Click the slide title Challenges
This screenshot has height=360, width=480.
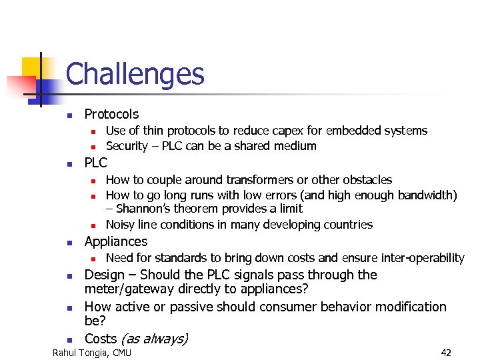135,74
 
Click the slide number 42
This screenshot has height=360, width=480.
446,352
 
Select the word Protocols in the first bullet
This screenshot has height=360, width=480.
111,114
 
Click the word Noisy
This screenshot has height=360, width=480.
121,224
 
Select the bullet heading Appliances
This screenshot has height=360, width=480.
116,241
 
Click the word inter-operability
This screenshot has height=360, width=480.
423,257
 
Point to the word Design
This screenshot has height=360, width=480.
105,275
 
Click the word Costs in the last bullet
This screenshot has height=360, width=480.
101,339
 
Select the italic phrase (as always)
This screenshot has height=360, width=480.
155,339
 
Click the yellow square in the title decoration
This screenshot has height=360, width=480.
33,67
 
